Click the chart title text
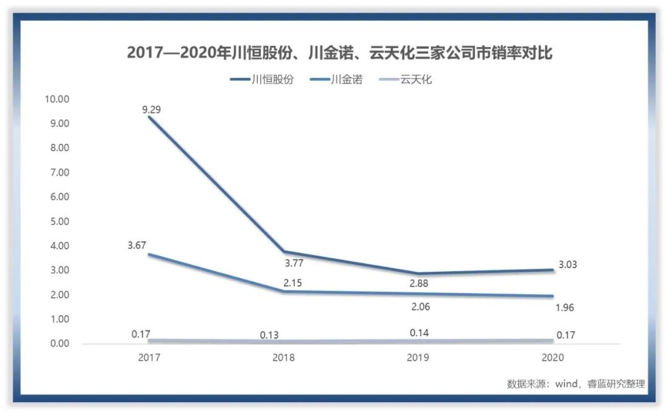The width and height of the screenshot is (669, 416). (339, 53)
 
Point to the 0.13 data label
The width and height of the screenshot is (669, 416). (269, 335)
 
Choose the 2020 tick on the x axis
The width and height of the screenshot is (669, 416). (553, 358)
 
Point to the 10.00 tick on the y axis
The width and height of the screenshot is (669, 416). (56, 99)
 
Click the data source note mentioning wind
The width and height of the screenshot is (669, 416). (575, 384)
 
